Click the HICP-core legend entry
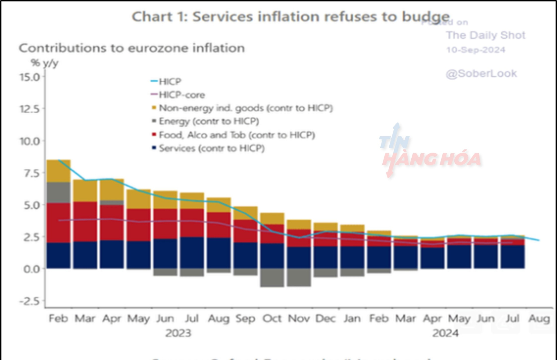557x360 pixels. point(182,95)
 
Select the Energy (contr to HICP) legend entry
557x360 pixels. point(209,121)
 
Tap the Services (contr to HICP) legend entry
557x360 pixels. point(211,148)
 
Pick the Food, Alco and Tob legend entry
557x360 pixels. point(237,135)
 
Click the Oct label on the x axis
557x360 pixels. point(272,319)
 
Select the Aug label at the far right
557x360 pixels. point(539,319)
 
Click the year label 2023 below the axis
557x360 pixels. point(178,333)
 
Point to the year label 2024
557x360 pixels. point(445,333)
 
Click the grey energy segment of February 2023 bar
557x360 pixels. point(59,192)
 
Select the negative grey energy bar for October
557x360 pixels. point(272,278)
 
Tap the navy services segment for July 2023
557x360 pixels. point(192,252)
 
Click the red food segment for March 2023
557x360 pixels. point(85,222)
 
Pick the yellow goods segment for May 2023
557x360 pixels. point(139,199)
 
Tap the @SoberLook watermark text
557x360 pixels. point(481,74)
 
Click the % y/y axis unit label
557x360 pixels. point(45,63)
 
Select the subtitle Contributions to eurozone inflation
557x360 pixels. point(132,48)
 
